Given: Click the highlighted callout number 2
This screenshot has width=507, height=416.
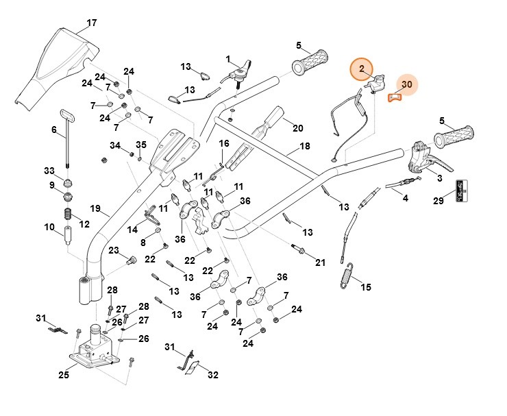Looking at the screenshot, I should click(x=363, y=70).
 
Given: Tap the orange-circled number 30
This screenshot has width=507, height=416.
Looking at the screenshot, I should click(x=406, y=84).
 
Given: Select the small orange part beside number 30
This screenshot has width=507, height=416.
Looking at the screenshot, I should click(x=394, y=97).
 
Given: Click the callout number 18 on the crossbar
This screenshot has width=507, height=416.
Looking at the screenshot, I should click(x=305, y=146).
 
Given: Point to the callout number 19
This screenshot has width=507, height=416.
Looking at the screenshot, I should click(x=95, y=208).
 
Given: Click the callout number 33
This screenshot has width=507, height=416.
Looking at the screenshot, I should click(x=49, y=171).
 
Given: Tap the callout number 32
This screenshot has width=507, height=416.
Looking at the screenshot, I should click(x=212, y=375).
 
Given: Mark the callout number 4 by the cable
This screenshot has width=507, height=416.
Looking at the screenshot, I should click(x=405, y=199).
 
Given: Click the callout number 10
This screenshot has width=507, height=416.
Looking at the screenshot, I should click(x=49, y=227).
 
